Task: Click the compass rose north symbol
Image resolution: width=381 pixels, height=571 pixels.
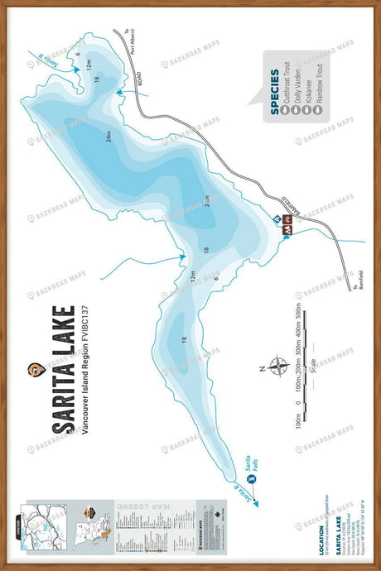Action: tap(272, 365)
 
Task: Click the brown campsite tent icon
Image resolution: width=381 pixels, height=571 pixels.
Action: tap(287, 220)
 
